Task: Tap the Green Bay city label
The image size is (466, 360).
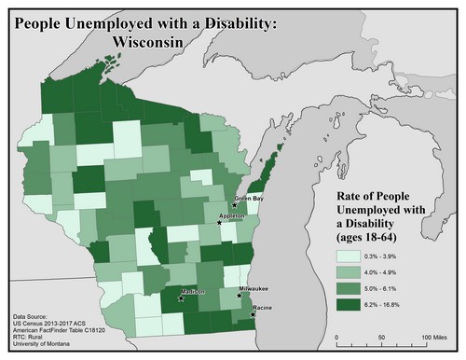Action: tap(248, 199)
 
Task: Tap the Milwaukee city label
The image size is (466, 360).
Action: tap(254, 291)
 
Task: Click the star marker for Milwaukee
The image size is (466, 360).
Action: tap(241, 298)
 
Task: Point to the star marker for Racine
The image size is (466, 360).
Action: tap(253, 315)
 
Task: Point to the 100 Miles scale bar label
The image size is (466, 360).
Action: tap(433, 336)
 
